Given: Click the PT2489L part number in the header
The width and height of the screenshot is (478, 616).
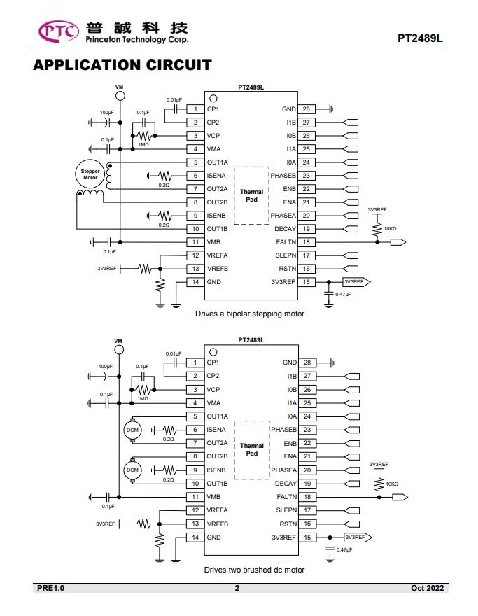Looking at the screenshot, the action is click(x=420, y=38).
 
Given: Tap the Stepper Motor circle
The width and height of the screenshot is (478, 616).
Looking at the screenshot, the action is click(x=90, y=174).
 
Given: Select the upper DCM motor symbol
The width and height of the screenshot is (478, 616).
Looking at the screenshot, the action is click(x=132, y=430).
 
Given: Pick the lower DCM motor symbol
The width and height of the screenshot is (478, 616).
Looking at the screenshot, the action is click(x=132, y=470).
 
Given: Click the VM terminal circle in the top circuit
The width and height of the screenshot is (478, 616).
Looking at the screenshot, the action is click(x=120, y=96).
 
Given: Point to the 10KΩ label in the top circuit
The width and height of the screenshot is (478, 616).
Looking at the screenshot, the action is click(x=390, y=229).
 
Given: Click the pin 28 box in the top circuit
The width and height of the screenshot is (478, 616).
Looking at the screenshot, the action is click(x=307, y=109).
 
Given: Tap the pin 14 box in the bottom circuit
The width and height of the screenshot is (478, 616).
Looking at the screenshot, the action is click(x=195, y=538).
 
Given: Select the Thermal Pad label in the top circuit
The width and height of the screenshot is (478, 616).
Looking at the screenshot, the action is click(x=252, y=195).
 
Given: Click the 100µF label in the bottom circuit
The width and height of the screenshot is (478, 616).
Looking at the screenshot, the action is click(x=106, y=367).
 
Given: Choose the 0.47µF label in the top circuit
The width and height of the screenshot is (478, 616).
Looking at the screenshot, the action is click(x=343, y=294).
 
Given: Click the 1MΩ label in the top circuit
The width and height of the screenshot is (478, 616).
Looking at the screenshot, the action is click(x=143, y=145).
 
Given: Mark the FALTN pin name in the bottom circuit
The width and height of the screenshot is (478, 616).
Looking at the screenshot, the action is click(x=287, y=497).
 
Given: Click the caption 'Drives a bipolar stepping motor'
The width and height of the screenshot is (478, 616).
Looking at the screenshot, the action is click(x=250, y=314).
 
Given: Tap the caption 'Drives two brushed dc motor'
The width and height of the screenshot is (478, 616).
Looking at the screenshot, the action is click(x=254, y=570).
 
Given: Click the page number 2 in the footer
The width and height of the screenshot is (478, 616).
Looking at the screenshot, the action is click(x=237, y=588).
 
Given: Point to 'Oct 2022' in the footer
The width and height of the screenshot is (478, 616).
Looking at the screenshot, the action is click(x=428, y=588).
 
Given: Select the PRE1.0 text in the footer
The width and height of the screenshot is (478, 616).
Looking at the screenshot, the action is click(x=50, y=588).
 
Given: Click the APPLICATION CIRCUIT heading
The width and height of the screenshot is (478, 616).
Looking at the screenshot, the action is click(x=122, y=65).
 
